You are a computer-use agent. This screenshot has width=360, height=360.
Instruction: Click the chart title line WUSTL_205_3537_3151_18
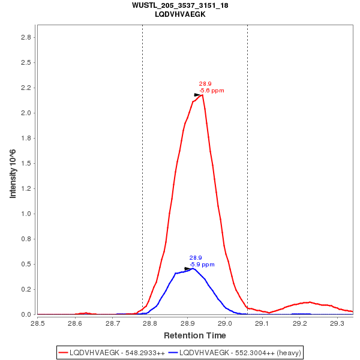click(x=180, y=5)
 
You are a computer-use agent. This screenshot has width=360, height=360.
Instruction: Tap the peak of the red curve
click(x=202, y=95)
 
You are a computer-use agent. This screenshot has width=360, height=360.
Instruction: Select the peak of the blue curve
click(x=192, y=268)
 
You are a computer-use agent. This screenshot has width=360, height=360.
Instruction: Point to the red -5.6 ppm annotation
click(x=212, y=91)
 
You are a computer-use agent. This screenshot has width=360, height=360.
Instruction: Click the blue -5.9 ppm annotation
click(x=202, y=264)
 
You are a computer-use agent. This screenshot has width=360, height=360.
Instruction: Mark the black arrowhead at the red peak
click(x=197, y=95)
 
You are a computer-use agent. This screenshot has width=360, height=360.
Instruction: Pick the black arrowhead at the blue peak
click(x=188, y=269)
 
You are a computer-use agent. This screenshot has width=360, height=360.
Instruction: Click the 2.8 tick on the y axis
click(x=26, y=37)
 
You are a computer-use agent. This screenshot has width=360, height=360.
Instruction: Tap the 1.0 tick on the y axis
click(x=26, y=214)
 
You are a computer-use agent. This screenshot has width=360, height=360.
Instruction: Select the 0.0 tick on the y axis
click(x=26, y=314)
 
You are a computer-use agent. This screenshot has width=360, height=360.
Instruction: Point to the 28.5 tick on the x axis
click(x=37, y=323)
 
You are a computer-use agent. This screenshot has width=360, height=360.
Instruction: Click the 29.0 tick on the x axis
click(x=225, y=323)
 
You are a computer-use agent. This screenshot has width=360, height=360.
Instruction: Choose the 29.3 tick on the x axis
click(x=338, y=323)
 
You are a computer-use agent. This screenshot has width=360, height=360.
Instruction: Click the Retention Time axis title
click(x=195, y=335)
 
